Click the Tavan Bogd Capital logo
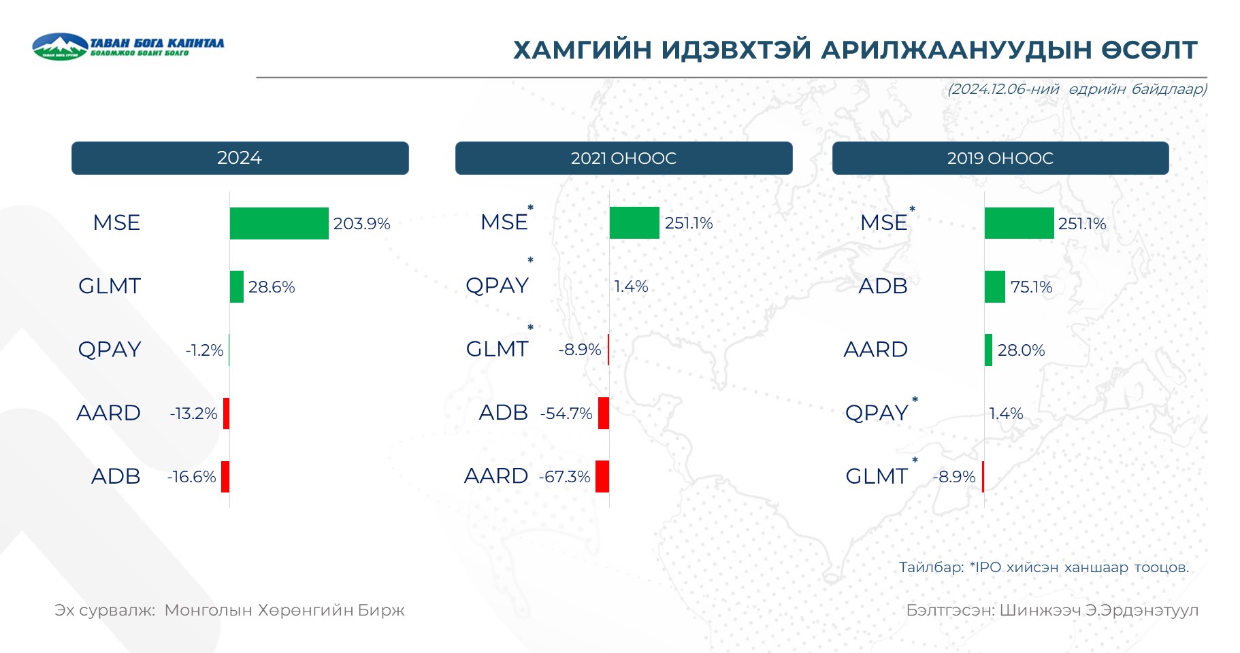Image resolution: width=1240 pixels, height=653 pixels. coord(128,46)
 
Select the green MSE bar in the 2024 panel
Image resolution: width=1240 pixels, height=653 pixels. coord(279,223)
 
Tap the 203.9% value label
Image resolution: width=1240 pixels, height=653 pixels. coord(361,224)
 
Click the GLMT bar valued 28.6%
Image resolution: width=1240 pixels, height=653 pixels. coord(237,286)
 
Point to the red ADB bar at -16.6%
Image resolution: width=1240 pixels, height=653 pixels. coord(225,476)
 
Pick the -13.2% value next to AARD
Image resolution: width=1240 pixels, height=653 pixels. coord(194,414)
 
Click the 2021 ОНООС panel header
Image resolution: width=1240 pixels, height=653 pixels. coord(623,158)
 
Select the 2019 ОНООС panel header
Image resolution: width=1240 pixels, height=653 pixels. coord(1000,158)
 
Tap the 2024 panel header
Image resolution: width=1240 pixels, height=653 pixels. coord(240,158)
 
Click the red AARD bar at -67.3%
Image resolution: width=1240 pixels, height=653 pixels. coord(602,476)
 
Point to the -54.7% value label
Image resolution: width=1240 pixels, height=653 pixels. coord(566,414)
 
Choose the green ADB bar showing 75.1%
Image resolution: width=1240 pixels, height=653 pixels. coord(995,286)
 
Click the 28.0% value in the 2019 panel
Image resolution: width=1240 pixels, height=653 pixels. coord(1021,350)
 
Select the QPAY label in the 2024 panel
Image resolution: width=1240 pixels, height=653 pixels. coord(110,350)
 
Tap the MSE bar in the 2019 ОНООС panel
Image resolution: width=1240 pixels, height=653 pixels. coord(1019,223)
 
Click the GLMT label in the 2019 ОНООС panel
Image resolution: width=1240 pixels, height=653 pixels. coord(877,476)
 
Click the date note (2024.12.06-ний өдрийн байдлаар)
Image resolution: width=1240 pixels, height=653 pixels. coord(1077,89)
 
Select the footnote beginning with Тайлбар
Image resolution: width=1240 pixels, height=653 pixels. coord(1044,567)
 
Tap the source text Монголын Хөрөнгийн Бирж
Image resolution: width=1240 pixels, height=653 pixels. coord(284,610)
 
